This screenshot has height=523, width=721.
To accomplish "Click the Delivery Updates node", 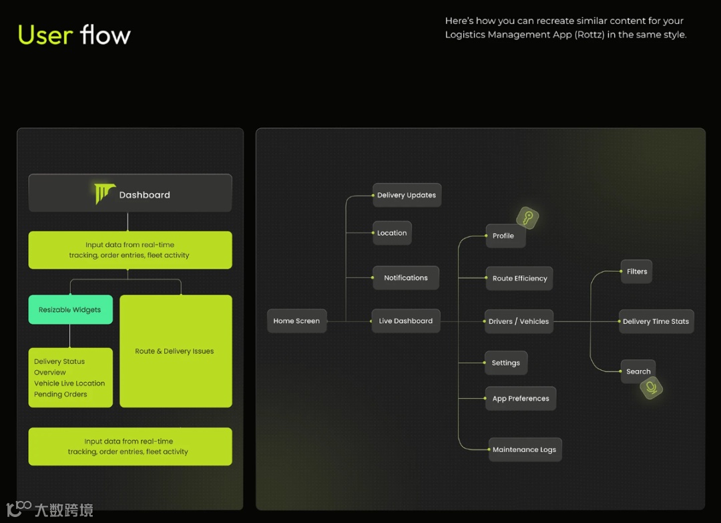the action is point(407,195).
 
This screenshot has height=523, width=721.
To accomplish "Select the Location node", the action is point(392,233).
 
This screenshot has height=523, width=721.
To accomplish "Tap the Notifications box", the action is point(406,278).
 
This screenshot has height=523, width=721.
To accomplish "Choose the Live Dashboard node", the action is point(406,321).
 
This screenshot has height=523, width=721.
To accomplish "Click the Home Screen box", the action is point(296,321).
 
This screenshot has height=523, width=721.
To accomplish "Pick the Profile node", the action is point(503,236).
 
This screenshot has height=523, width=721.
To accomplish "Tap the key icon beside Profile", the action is point(527,218).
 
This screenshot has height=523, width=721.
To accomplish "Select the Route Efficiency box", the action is point(519,279).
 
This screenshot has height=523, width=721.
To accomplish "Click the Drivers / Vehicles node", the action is point(519,321).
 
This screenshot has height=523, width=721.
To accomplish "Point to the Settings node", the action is point(505,363).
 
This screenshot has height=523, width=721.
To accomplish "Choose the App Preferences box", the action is point(521,399).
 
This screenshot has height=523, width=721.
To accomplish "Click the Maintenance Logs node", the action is point(524,450).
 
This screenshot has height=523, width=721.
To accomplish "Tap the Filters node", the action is point(637,271).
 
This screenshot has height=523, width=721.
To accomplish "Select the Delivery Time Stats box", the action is point(656,321).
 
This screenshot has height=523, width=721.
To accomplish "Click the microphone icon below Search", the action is point(651,387).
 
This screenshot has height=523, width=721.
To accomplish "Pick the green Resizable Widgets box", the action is point(70,310).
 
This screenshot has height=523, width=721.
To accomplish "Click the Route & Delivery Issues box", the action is point(175,351).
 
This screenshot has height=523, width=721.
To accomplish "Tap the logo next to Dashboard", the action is point(104,194).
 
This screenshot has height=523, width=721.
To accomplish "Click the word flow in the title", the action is point(105,35).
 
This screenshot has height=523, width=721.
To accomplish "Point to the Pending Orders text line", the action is point(61,394).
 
